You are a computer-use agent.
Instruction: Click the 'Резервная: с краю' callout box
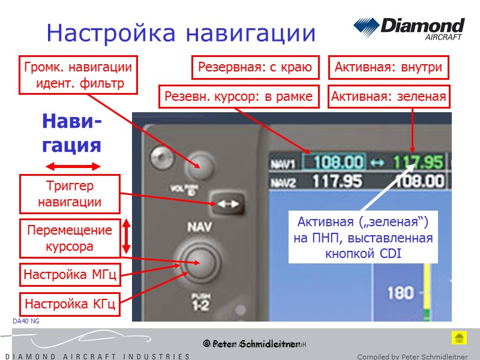coord(255,67)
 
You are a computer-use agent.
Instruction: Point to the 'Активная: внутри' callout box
coord(389,67)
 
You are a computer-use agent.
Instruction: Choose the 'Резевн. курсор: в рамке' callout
coord(238,96)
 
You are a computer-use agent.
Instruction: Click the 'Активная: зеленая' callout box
coord(389,96)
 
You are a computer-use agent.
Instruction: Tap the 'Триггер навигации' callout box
coord(70,194)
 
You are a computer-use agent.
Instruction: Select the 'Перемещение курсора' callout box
coord(70,238)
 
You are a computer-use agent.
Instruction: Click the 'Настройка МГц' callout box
coord(70,275)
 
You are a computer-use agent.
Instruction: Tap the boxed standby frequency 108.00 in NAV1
coord(338,163)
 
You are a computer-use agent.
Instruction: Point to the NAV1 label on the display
coord(283,164)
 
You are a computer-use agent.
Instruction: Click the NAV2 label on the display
coord(283,181)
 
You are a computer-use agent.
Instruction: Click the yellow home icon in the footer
coord(459,338)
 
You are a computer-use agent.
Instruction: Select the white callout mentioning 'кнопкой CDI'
coord(363,238)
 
